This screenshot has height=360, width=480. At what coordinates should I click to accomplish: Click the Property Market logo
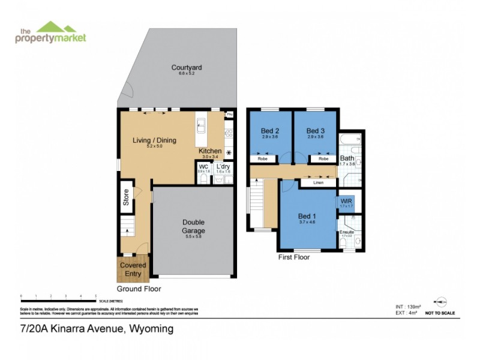[50, 32]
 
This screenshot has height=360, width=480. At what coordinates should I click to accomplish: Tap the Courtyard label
[186, 68]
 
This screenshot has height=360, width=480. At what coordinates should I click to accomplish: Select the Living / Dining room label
[154, 140]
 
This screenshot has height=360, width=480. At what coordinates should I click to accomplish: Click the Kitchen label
[210, 151]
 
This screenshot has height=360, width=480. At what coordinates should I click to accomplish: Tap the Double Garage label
[193, 226]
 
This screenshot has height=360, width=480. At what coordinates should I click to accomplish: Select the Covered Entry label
[133, 269]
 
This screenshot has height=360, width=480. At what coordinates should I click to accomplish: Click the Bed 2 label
[269, 131]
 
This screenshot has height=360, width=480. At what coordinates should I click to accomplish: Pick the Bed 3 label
[315, 131]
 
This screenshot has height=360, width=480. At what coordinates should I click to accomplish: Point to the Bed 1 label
[307, 217]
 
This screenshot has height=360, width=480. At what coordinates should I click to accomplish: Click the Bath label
[347, 158]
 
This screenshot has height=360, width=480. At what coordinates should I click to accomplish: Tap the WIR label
[346, 200]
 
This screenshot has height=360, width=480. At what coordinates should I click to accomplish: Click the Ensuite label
[346, 232]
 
